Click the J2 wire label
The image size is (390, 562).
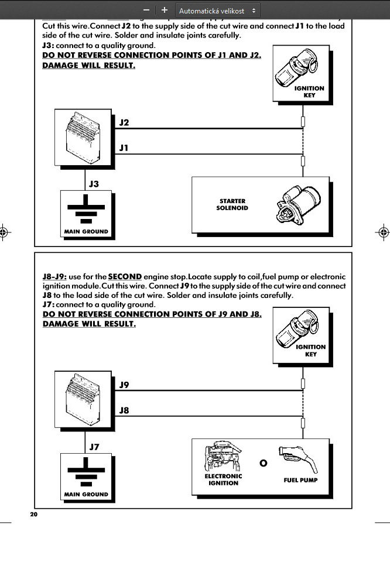click(x=124, y=122)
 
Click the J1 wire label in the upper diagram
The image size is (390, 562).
click(x=124, y=148)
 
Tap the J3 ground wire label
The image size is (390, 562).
click(x=94, y=184)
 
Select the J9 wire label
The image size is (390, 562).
click(x=124, y=385)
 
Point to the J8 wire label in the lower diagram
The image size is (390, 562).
click(x=124, y=410)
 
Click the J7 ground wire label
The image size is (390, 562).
click(x=94, y=447)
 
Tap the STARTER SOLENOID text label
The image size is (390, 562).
click(x=232, y=204)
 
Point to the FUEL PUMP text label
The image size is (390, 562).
click(x=300, y=480)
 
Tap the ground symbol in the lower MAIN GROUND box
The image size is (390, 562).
click(x=86, y=473)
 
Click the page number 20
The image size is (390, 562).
click(x=33, y=514)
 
